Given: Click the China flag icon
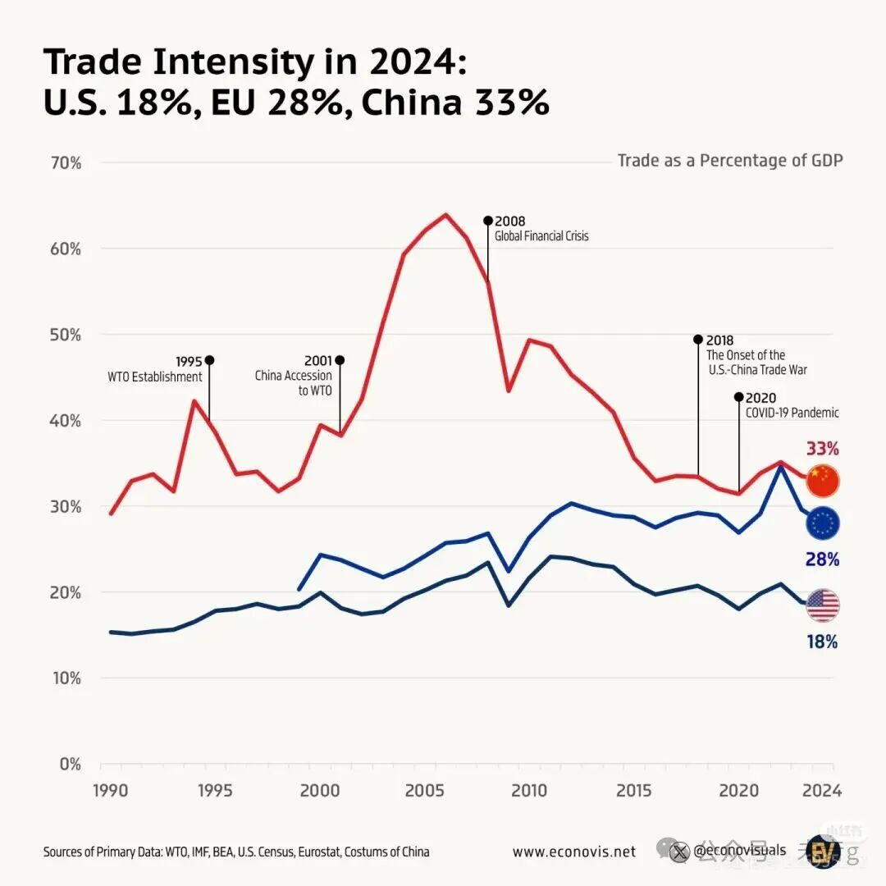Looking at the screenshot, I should point(823,481).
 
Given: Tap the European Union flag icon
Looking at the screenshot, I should point(823,523).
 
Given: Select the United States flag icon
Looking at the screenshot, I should point(823,605).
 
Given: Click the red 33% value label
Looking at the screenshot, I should point(822,449).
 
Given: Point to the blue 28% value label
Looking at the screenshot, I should point(822,559).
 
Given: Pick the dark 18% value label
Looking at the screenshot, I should point(822,642).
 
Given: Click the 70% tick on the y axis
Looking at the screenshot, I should point(66,162).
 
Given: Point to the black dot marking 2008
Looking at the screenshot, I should point(488,221).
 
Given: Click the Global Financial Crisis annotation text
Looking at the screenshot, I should point(541,236).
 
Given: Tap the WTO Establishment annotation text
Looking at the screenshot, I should point(155,377).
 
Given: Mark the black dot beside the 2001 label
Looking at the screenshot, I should point(340,360).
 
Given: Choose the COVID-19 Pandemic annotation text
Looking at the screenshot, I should point(792,413).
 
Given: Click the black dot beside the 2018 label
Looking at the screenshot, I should point(698,340).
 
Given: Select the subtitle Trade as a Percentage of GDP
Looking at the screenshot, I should point(730,160).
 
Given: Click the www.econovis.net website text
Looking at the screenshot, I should point(574,852).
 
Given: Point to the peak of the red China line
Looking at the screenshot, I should point(445,215).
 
